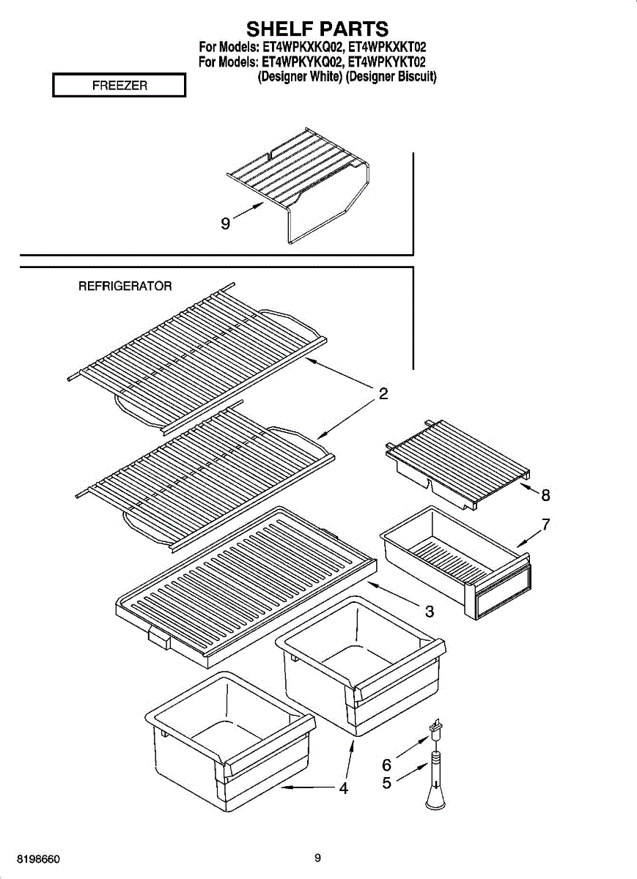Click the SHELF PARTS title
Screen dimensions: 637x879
tap(317, 29)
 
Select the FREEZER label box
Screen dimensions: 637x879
tap(119, 86)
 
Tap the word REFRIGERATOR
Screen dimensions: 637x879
tap(125, 286)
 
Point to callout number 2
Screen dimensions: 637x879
tap(383, 393)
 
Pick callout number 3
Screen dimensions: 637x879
tap(430, 611)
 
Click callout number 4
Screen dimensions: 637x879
tap(342, 788)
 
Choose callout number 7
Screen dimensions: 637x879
tap(545, 524)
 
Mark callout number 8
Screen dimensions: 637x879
tap(545, 495)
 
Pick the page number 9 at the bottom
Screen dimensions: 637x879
tap(317, 858)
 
